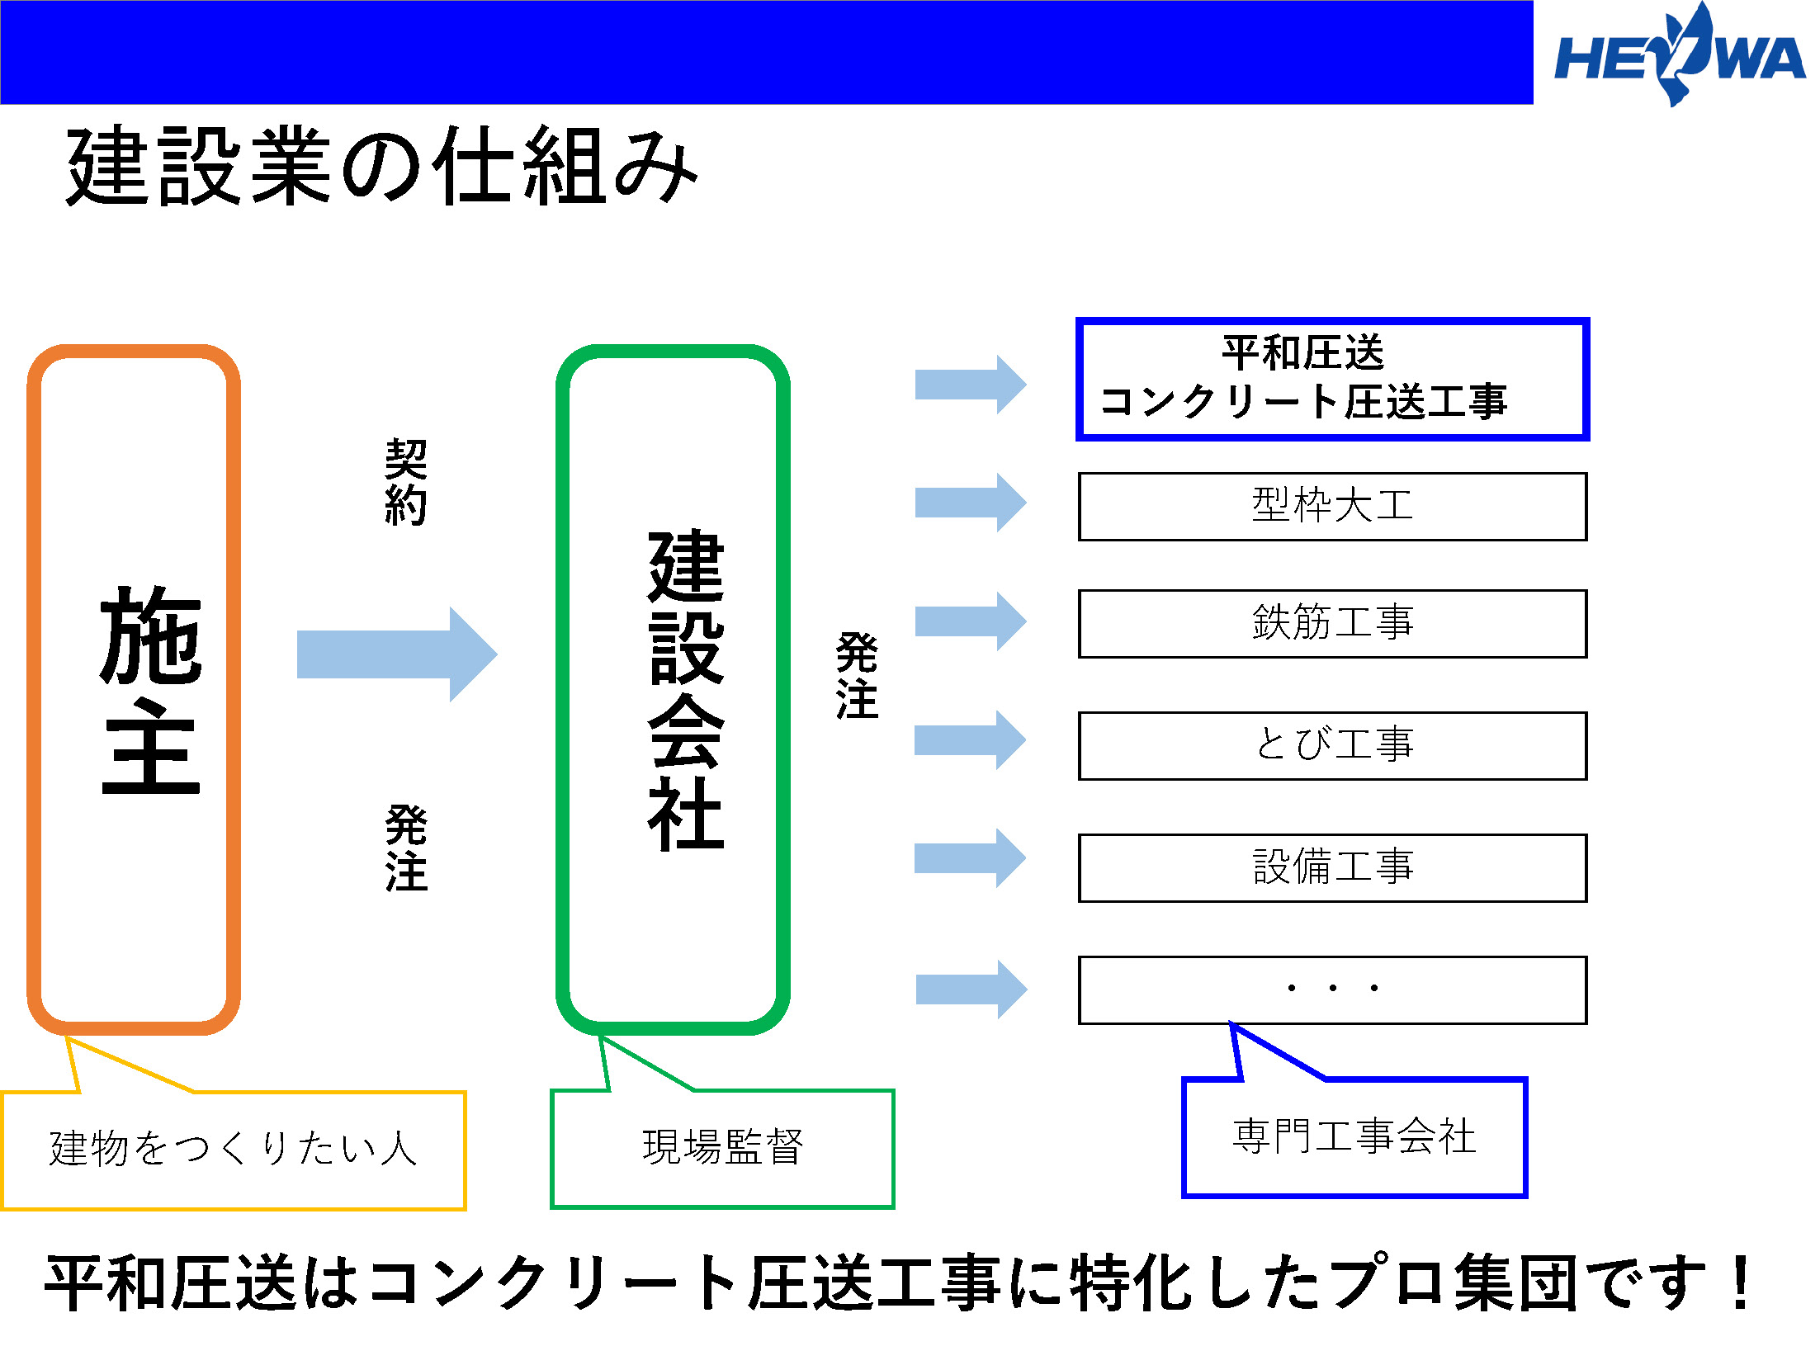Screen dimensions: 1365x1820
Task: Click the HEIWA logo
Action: click(1679, 56)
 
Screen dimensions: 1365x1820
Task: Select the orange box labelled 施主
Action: click(135, 689)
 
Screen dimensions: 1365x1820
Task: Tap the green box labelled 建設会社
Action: click(674, 689)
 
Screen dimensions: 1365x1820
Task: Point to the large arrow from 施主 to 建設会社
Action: click(396, 654)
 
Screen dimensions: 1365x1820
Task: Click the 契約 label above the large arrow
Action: click(406, 482)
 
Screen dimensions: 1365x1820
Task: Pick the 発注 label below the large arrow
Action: click(406, 848)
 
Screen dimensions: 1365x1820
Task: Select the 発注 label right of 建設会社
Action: click(857, 675)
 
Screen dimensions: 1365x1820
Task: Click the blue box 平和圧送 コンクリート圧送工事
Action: click(1332, 379)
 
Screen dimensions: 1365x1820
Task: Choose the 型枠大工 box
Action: click(1332, 506)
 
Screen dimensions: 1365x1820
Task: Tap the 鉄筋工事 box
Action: click(1332, 623)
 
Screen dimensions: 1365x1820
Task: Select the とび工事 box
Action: click(1332, 745)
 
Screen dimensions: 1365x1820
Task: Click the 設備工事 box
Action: click(1332, 867)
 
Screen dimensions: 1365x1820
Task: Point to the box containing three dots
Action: click(1332, 990)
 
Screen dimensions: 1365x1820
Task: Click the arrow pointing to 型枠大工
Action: click(971, 502)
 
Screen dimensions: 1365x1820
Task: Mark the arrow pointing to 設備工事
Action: click(971, 858)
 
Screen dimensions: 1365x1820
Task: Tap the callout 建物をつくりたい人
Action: click(234, 1150)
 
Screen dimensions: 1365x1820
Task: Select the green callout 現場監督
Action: click(722, 1148)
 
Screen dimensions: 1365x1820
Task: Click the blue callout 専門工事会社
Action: click(1354, 1137)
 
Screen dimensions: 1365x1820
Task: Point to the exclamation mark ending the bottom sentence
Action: click(1742, 1282)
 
